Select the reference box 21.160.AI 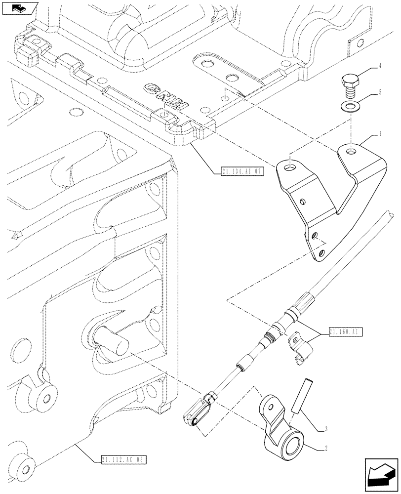pos(345,332)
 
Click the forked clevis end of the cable pos(201,411)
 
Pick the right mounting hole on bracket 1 pos(351,150)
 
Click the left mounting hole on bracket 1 pos(290,169)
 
